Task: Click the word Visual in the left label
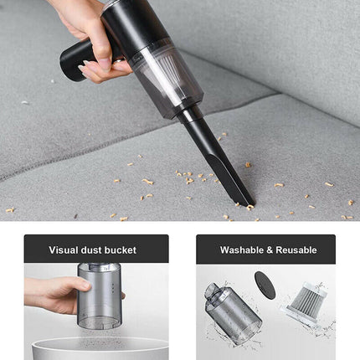(x=67, y=249)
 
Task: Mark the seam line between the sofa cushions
(x=126, y=147)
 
